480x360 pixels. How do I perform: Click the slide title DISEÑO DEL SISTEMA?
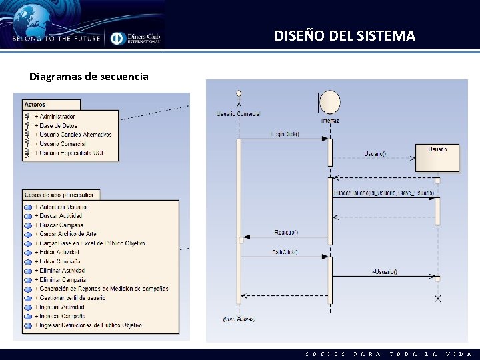click(345, 36)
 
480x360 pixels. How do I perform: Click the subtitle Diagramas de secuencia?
click(89, 76)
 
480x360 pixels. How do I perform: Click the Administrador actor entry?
click(57, 117)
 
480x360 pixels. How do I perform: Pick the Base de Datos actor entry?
click(58, 125)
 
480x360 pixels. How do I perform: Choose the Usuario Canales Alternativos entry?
click(75, 135)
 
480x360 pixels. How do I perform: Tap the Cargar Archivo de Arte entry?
click(67, 234)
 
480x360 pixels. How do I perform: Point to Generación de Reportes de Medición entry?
click(103, 289)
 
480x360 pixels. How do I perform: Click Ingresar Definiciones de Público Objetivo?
click(90, 325)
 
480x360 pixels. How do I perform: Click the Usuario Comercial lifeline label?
click(238, 114)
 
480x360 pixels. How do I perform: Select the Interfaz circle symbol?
click(329, 103)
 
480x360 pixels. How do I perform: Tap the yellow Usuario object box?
click(437, 157)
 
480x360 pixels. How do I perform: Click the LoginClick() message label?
click(285, 134)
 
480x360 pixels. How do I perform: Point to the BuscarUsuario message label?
click(383, 193)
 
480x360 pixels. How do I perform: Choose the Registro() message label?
click(286, 232)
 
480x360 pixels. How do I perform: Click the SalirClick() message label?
click(285, 252)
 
